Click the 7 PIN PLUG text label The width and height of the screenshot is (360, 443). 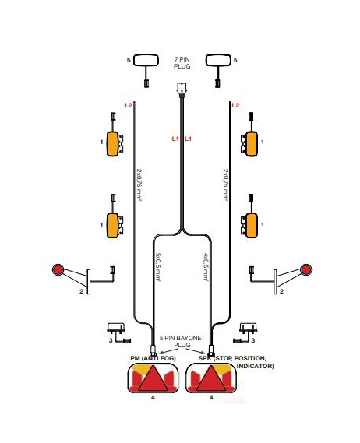[x=182, y=63]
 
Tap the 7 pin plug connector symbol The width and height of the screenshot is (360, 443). [x=181, y=90]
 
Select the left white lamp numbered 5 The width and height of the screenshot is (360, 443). [x=146, y=61]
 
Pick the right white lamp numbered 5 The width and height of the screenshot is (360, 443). [x=219, y=60]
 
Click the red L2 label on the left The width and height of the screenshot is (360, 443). [x=129, y=105]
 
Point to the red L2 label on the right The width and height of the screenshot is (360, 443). [x=235, y=105]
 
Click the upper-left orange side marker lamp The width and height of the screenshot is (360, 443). [x=113, y=144]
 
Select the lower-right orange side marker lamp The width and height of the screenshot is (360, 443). [x=252, y=225]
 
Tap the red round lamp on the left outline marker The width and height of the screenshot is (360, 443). [x=58, y=270]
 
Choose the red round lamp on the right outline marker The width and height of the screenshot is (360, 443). [x=305, y=270]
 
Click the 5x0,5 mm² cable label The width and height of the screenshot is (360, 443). [x=158, y=267]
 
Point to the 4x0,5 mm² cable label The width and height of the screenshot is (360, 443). [x=206, y=267]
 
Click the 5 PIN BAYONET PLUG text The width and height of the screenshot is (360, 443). [x=182, y=341]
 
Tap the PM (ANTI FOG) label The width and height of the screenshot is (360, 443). [x=153, y=358]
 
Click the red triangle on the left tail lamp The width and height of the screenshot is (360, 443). [x=153, y=379]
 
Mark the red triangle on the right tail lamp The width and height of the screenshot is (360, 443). [x=211, y=379]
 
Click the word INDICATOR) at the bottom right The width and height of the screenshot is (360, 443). [x=255, y=366]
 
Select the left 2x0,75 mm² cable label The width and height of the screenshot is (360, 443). [x=139, y=185]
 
